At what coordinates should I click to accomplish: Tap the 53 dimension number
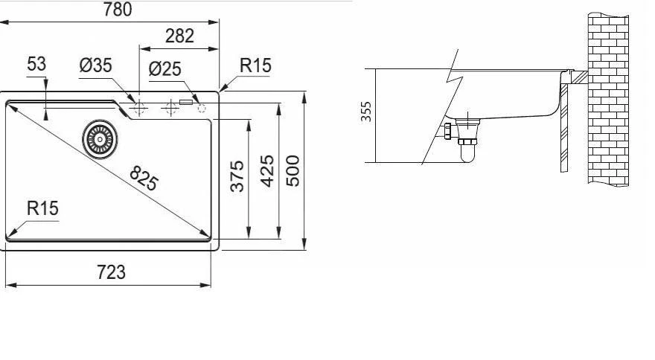pyautogui.click(x=36, y=65)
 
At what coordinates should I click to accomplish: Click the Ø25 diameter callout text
pyautogui.click(x=164, y=68)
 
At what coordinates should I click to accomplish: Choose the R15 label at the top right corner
pyautogui.click(x=255, y=65)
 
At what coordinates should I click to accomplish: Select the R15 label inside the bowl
pyautogui.click(x=42, y=208)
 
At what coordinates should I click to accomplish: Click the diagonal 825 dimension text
pyautogui.click(x=144, y=178)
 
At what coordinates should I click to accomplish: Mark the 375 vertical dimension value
pyautogui.click(x=237, y=176)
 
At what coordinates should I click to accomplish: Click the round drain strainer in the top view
pyautogui.click(x=98, y=138)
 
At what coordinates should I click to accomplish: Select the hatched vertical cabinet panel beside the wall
pyautogui.click(x=564, y=126)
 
